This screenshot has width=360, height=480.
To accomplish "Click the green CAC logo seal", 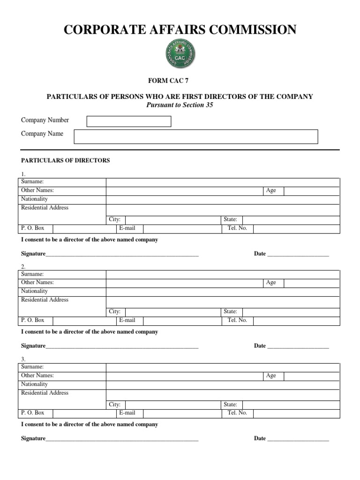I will coord(180,54).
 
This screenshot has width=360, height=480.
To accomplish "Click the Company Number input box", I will coord(129,121).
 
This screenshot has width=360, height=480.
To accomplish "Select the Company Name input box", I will coord(195,136).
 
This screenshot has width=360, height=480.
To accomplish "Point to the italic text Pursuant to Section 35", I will coord(180,105).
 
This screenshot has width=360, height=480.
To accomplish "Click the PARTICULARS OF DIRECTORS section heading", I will coord(65,160).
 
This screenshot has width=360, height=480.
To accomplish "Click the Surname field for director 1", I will coord(223,182).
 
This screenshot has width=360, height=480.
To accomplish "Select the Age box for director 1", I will coord(311,191).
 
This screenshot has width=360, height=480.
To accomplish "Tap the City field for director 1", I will coord(173,220).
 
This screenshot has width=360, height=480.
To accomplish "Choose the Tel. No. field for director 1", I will coord(296,229).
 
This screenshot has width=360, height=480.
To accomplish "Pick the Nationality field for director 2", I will coord(223,292).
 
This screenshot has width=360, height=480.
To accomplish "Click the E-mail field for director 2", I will coord(182,321).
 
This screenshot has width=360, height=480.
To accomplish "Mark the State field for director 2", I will coord(291,312).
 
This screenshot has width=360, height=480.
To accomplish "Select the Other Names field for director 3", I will coord(184,376).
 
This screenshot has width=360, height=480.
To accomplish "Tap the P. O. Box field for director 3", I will coord(84,413).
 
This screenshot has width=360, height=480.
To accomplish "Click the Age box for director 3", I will coord(311,376).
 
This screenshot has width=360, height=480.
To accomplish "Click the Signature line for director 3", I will coord(122,439).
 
